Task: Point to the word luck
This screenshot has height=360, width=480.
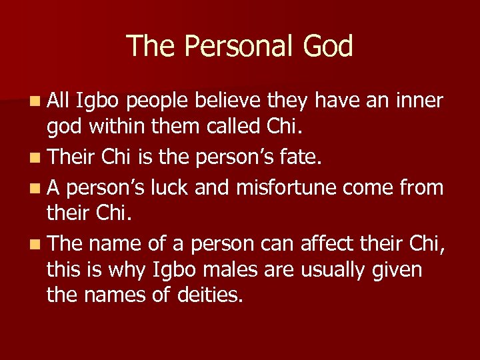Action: click(172, 187)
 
